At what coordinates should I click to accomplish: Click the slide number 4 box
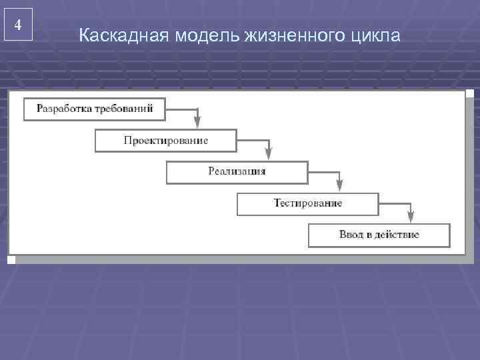pyautogui.click(x=18, y=25)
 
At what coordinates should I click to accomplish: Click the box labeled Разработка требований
pyautogui.click(x=94, y=109)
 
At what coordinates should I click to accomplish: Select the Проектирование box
pyautogui.click(x=165, y=141)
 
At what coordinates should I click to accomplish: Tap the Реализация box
pyautogui.click(x=237, y=172)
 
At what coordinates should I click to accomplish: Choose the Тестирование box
pyautogui.click(x=307, y=203)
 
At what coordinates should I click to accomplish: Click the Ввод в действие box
pyautogui.click(x=379, y=235)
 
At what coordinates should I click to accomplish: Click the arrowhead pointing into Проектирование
pyautogui.click(x=197, y=122)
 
